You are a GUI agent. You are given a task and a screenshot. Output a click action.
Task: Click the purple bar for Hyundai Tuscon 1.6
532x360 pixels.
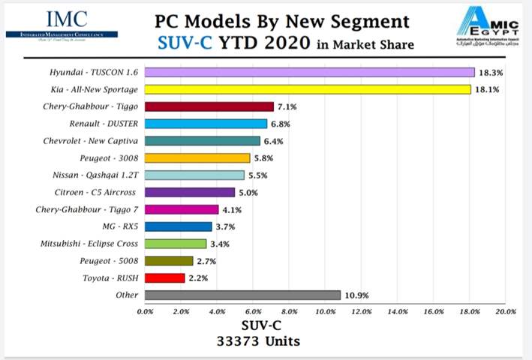click(x=309, y=72)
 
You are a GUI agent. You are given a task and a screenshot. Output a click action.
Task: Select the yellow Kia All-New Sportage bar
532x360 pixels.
click(x=308, y=89)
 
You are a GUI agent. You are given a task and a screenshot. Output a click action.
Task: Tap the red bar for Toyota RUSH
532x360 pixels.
click(x=164, y=277)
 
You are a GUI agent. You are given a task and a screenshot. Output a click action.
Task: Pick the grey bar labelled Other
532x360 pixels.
click(x=242, y=295)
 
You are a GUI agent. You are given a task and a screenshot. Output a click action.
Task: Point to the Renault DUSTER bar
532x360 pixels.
click(x=206, y=124)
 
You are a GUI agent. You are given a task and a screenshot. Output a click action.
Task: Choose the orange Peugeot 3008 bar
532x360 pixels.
click(x=197, y=157)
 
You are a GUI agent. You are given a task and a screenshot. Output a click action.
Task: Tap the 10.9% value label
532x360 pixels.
click(x=358, y=295)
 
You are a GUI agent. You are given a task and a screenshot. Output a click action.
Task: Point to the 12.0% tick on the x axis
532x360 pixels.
click(x=362, y=312)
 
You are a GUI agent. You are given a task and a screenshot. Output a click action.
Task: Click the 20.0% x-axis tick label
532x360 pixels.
click(x=506, y=312)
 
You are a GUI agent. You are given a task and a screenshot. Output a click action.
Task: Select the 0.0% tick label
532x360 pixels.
click(x=146, y=312)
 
